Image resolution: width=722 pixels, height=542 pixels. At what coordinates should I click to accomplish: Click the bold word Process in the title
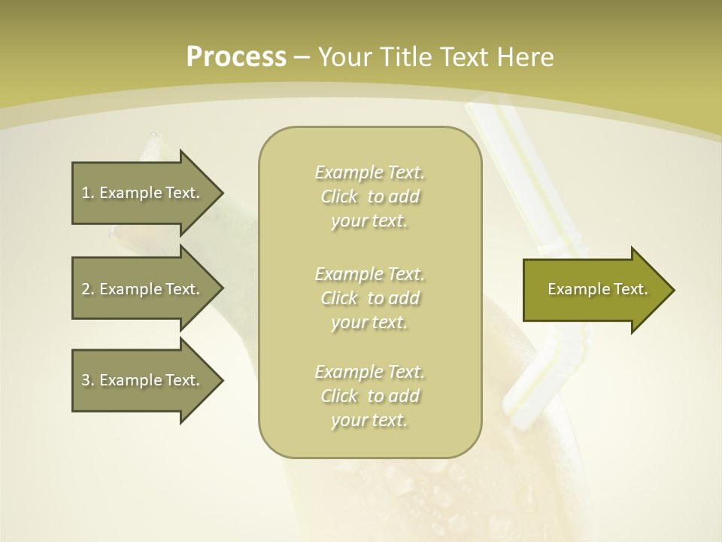236,57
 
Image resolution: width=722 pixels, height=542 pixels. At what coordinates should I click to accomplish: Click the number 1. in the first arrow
88,193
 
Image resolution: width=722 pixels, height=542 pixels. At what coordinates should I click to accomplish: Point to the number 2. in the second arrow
88,289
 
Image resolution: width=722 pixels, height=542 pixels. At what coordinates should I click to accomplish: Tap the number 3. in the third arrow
88,380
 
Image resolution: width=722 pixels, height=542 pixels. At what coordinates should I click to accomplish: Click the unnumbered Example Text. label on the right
597,289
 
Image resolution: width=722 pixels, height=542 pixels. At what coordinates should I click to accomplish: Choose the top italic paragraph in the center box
369,196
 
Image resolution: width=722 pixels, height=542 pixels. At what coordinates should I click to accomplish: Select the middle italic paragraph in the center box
369,298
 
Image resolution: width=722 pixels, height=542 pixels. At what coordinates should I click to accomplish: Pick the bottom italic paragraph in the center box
369,396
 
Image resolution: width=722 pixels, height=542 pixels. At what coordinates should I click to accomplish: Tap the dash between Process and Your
302,57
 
